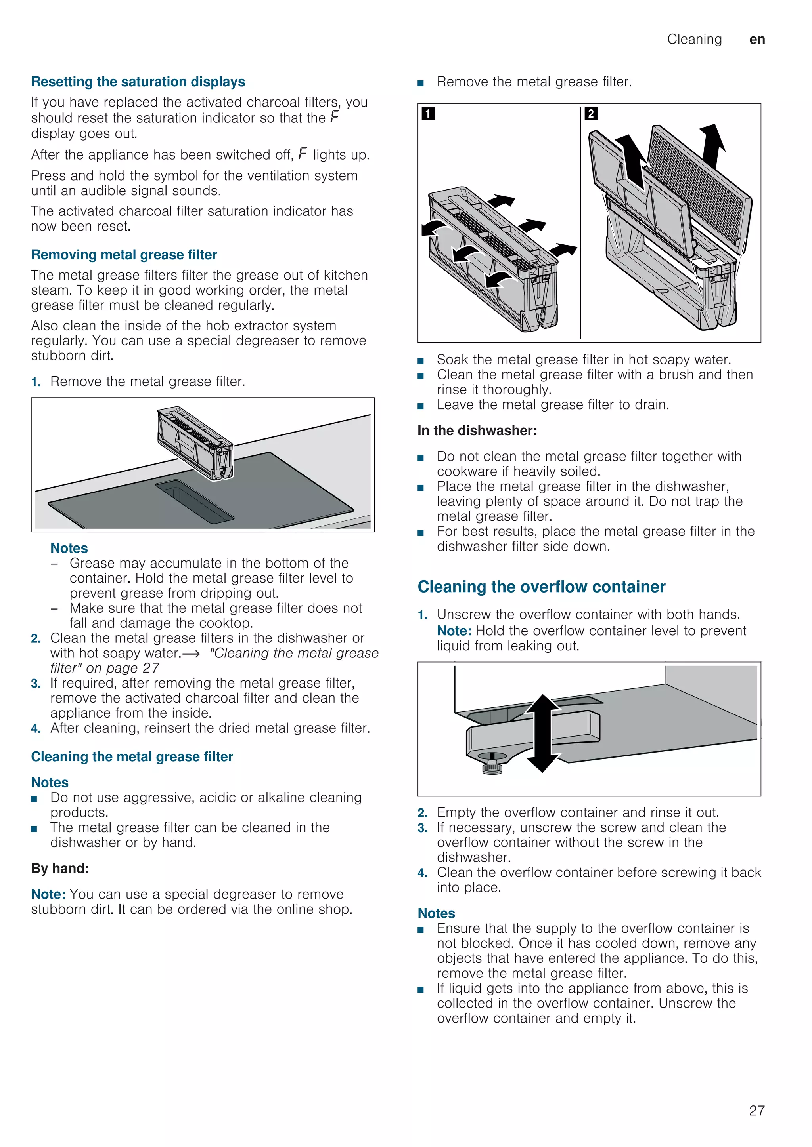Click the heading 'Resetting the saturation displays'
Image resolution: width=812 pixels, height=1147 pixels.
point(138,82)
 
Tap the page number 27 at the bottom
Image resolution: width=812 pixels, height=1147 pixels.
point(756,1110)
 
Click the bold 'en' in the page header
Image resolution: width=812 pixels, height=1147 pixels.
point(757,40)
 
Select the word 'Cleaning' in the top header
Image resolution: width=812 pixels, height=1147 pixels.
point(695,40)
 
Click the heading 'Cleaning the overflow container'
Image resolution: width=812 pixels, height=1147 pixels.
point(542,587)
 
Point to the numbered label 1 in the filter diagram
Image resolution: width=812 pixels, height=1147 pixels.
point(428,114)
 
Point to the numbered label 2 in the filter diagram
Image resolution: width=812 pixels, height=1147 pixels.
point(590,114)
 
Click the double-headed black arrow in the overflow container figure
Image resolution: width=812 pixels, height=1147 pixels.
point(542,733)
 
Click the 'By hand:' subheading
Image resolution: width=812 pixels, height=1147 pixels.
point(60,868)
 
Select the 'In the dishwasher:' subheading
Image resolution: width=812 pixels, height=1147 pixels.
point(477,431)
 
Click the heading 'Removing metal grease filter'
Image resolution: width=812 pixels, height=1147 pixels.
point(124,255)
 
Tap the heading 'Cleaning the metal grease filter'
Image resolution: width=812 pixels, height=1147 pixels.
point(132,756)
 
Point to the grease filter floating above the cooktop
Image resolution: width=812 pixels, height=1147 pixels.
point(195,442)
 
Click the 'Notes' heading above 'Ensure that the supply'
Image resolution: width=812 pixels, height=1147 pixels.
point(436,913)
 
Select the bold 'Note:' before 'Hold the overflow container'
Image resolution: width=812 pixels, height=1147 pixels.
point(454,631)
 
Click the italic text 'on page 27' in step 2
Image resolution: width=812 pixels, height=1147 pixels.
point(123,668)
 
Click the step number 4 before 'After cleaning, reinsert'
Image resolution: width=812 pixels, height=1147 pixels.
point(36,728)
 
